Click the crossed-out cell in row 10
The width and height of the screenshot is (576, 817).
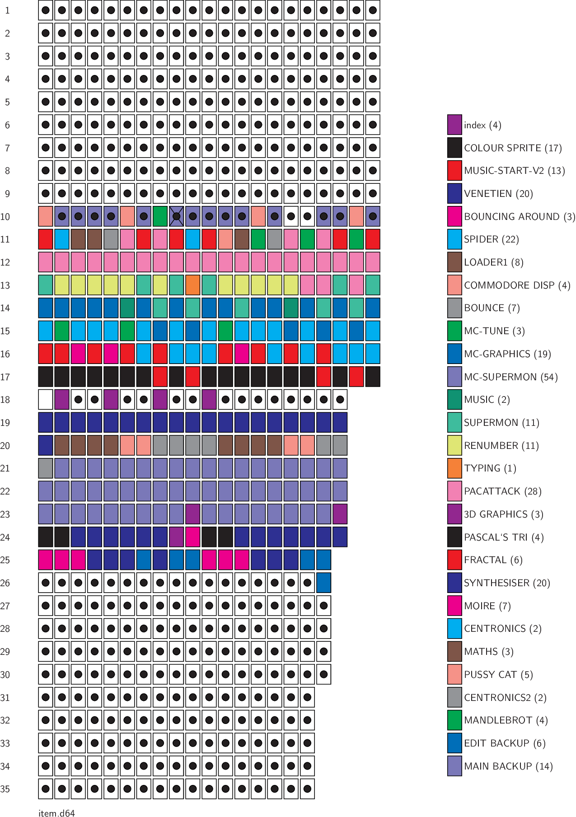pos(176,216)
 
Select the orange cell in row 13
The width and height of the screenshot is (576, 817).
pos(193,285)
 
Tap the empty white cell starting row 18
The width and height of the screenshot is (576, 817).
pos(46,400)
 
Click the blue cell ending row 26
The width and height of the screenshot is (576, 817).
pos(323,583)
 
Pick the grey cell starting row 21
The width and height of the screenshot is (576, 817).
pos(46,468)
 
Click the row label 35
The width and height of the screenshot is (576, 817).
pos(5,789)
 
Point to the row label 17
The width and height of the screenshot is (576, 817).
pos(5,377)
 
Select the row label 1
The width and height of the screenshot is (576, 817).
pos(7,10)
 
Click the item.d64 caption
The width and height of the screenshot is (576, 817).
pos(56,813)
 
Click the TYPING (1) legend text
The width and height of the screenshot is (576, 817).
pos(490,468)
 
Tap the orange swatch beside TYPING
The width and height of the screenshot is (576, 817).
pos(454,468)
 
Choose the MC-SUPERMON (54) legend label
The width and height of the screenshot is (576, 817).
pos(510,377)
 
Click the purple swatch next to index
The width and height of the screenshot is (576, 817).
pos(454,125)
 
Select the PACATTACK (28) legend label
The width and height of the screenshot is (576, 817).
pos(502,491)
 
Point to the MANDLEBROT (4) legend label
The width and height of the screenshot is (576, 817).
pos(506,720)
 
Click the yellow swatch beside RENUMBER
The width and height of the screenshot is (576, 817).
pos(454,445)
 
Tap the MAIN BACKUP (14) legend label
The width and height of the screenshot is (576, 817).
pos(508,766)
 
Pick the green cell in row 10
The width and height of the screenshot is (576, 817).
pos(160,216)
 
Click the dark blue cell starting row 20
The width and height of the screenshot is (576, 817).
pos(46,445)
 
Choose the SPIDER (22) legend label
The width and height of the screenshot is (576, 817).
pos(491,239)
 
